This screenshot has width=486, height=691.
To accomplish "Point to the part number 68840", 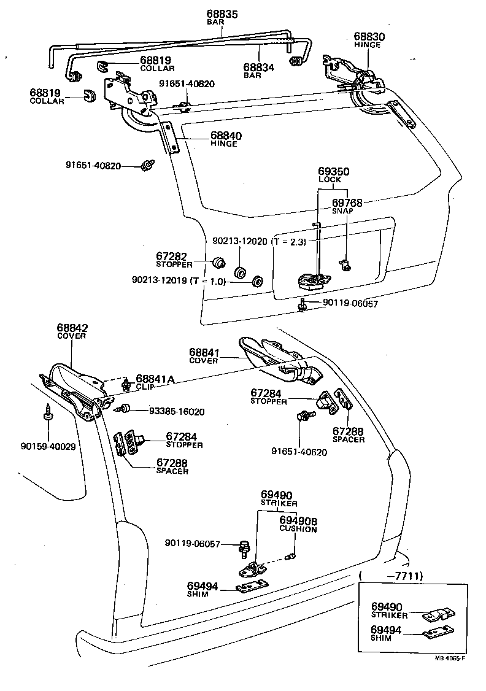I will (x=226, y=135).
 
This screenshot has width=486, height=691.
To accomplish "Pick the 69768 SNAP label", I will (x=347, y=205).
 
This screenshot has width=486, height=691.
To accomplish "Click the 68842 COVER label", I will (x=72, y=331).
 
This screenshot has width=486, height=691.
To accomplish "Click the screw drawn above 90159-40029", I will (x=47, y=414).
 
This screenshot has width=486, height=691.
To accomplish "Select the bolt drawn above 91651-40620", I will (x=305, y=417).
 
